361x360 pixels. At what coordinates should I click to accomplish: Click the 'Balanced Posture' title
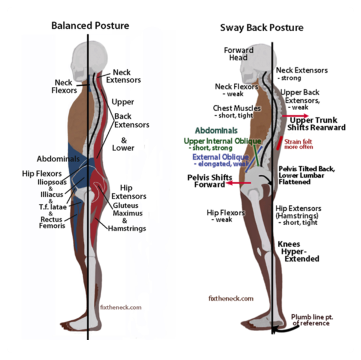click(x=90, y=25)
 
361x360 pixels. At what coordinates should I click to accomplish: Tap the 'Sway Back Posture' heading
click(x=261, y=28)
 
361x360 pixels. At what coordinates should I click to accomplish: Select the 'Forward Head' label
click(x=238, y=54)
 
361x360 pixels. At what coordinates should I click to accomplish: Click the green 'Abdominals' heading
click(x=216, y=131)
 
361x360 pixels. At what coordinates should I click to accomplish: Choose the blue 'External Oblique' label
click(x=220, y=157)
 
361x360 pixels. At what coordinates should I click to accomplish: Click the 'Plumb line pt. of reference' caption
click(x=311, y=319)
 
